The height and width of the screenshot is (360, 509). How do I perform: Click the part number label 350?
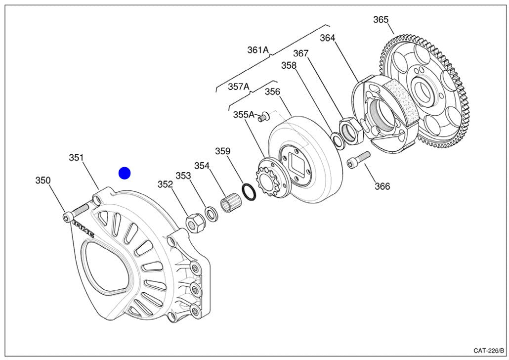42,180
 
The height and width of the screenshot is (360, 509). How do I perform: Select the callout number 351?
76,158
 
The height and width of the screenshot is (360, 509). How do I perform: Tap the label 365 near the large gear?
381,20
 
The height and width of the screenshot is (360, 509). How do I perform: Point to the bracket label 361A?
257,50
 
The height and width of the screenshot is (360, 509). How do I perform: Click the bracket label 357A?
238,87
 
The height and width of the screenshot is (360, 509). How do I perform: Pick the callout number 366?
382,186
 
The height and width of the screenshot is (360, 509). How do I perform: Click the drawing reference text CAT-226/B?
488,351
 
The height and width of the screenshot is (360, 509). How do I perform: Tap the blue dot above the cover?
124,173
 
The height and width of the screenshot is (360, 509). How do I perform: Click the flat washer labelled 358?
339,141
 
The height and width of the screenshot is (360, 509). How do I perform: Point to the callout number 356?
272,91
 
